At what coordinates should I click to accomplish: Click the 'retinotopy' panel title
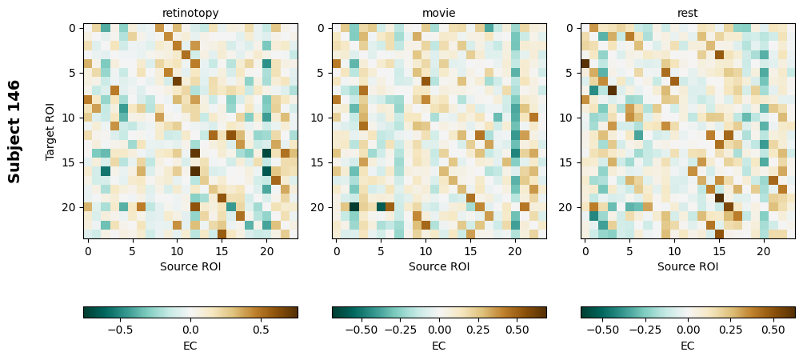tap(190, 13)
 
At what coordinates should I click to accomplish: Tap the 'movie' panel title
tap(439, 13)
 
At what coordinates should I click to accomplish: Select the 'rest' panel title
tap(688, 13)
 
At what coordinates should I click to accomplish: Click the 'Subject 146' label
tap(14, 131)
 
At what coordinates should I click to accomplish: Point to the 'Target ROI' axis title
tap(50, 131)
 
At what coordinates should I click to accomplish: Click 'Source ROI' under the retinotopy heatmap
tap(190, 266)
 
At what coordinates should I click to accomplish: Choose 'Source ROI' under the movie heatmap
tap(439, 266)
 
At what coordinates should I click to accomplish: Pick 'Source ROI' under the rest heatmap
tap(688, 266)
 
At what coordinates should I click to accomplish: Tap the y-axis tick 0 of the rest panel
tap(570, 29)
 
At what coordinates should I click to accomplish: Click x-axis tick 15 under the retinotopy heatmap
tap(222, 251)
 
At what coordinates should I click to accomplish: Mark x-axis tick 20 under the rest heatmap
tap(764, 251)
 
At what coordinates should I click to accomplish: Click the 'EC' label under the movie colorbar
tap(439, 346)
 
